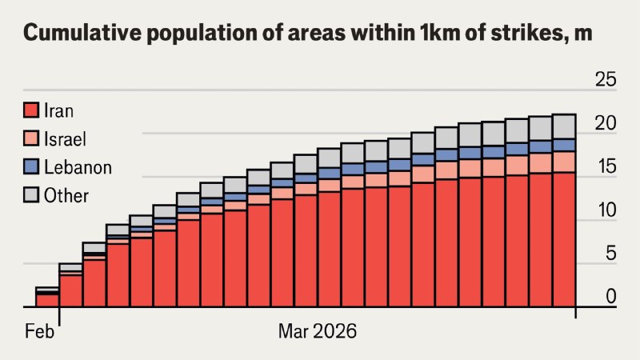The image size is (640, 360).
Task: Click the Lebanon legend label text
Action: click(78, 167)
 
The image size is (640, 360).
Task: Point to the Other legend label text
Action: click(66, 195)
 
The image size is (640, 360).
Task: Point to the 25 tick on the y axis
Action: click(605, 80)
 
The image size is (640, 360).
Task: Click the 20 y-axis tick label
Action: click(605, 124)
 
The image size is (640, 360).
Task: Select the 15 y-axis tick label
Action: click(605, 167)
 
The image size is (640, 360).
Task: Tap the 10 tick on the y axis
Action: click(605, 211)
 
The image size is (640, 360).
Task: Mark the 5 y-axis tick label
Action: click(610, 254)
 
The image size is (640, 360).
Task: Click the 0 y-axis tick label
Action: click(610, 297)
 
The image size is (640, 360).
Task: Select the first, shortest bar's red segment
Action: click(46, 300)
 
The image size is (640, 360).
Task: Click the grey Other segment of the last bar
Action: click(564, 126)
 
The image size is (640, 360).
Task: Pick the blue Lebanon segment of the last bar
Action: click(564, 145)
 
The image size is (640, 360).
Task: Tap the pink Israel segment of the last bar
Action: click(564, 162)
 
